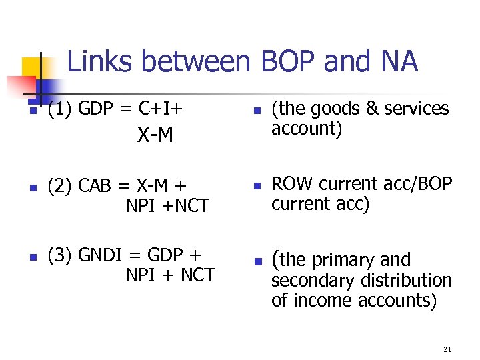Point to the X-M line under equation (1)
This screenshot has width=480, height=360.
[155, 136]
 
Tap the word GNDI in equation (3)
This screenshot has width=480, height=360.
[103, 255]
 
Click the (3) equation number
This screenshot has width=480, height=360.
[59, 255]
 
